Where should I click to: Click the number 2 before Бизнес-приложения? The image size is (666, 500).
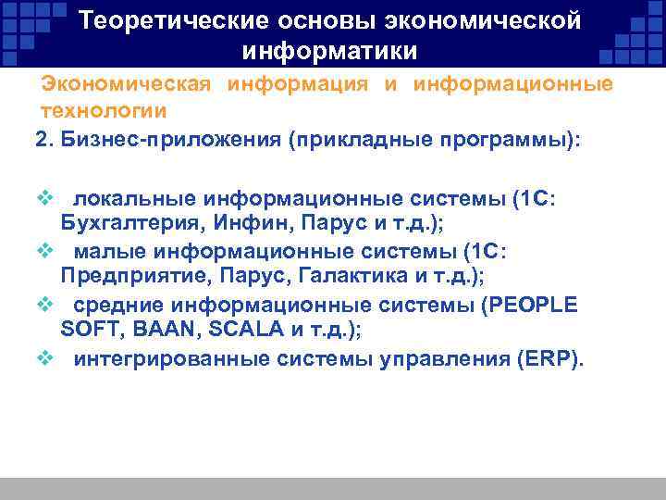pos(40,139)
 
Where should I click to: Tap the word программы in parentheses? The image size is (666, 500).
pos(505,139)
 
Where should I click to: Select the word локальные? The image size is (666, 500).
pos(134,200)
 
